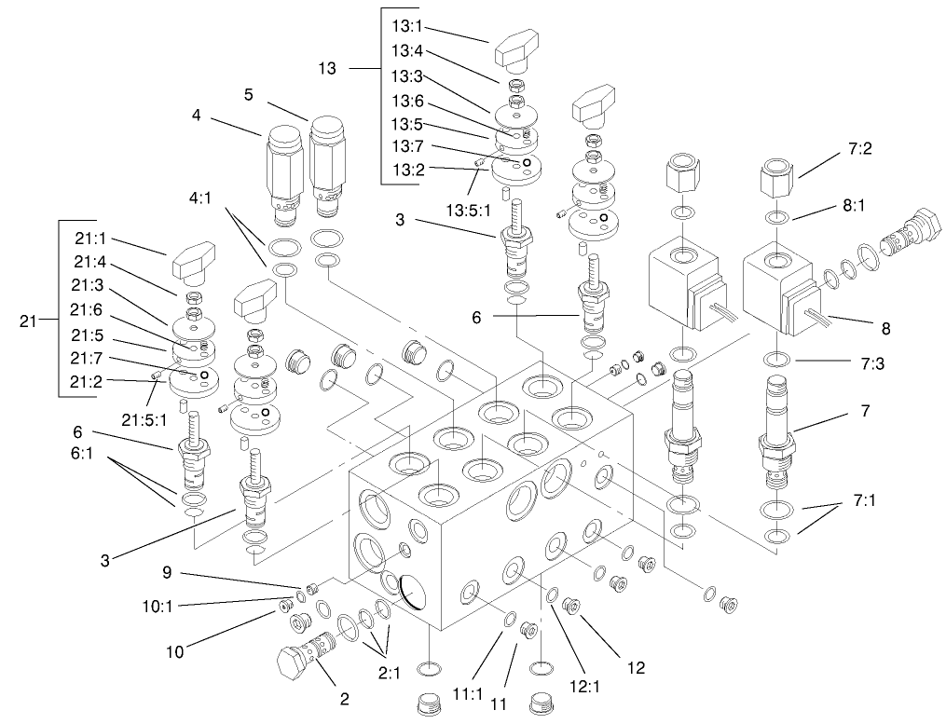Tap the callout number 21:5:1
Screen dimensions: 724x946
tap(144, 419)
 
